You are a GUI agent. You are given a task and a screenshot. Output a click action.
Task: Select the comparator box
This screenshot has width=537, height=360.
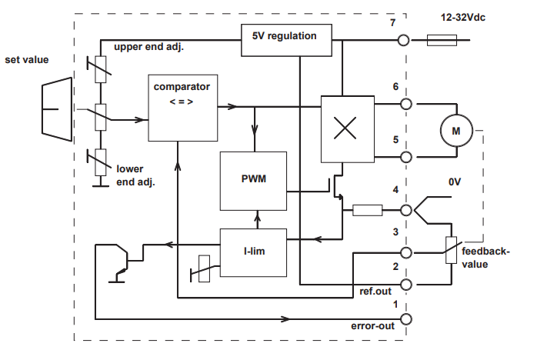pyautogui.click(x=181, y=108)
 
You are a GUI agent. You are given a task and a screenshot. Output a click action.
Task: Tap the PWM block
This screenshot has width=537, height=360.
pyautogui.click(x=253, y=181)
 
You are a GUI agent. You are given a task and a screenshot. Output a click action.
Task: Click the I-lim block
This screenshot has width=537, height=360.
pyautogui.click(x=253, y=252)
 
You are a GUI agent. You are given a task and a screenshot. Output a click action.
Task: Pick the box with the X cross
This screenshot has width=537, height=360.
pyautogui.click(x=345, y=128)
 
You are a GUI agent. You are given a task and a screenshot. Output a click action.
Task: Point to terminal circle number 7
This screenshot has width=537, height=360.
pyautogui.click(x=401, y=40)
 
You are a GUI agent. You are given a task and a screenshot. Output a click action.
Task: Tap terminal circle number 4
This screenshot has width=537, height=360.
pyautogui.click(x=406, y=208)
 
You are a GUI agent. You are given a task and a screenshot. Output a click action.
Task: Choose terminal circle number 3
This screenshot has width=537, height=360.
pyautogui.click(x=406, y=252)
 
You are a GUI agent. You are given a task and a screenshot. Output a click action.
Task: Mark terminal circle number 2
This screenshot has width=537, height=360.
pyautogui.click(x=406, y=285)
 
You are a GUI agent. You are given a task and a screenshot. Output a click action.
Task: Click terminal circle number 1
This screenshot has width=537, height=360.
pyautogui.click(x=406, y=318)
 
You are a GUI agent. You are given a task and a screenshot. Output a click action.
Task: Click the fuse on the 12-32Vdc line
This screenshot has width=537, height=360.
pyautogui.click(x=442, y=40)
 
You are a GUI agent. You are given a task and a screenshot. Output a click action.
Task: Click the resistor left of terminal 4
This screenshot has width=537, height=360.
pyautogui.click(x=367, y=208)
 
